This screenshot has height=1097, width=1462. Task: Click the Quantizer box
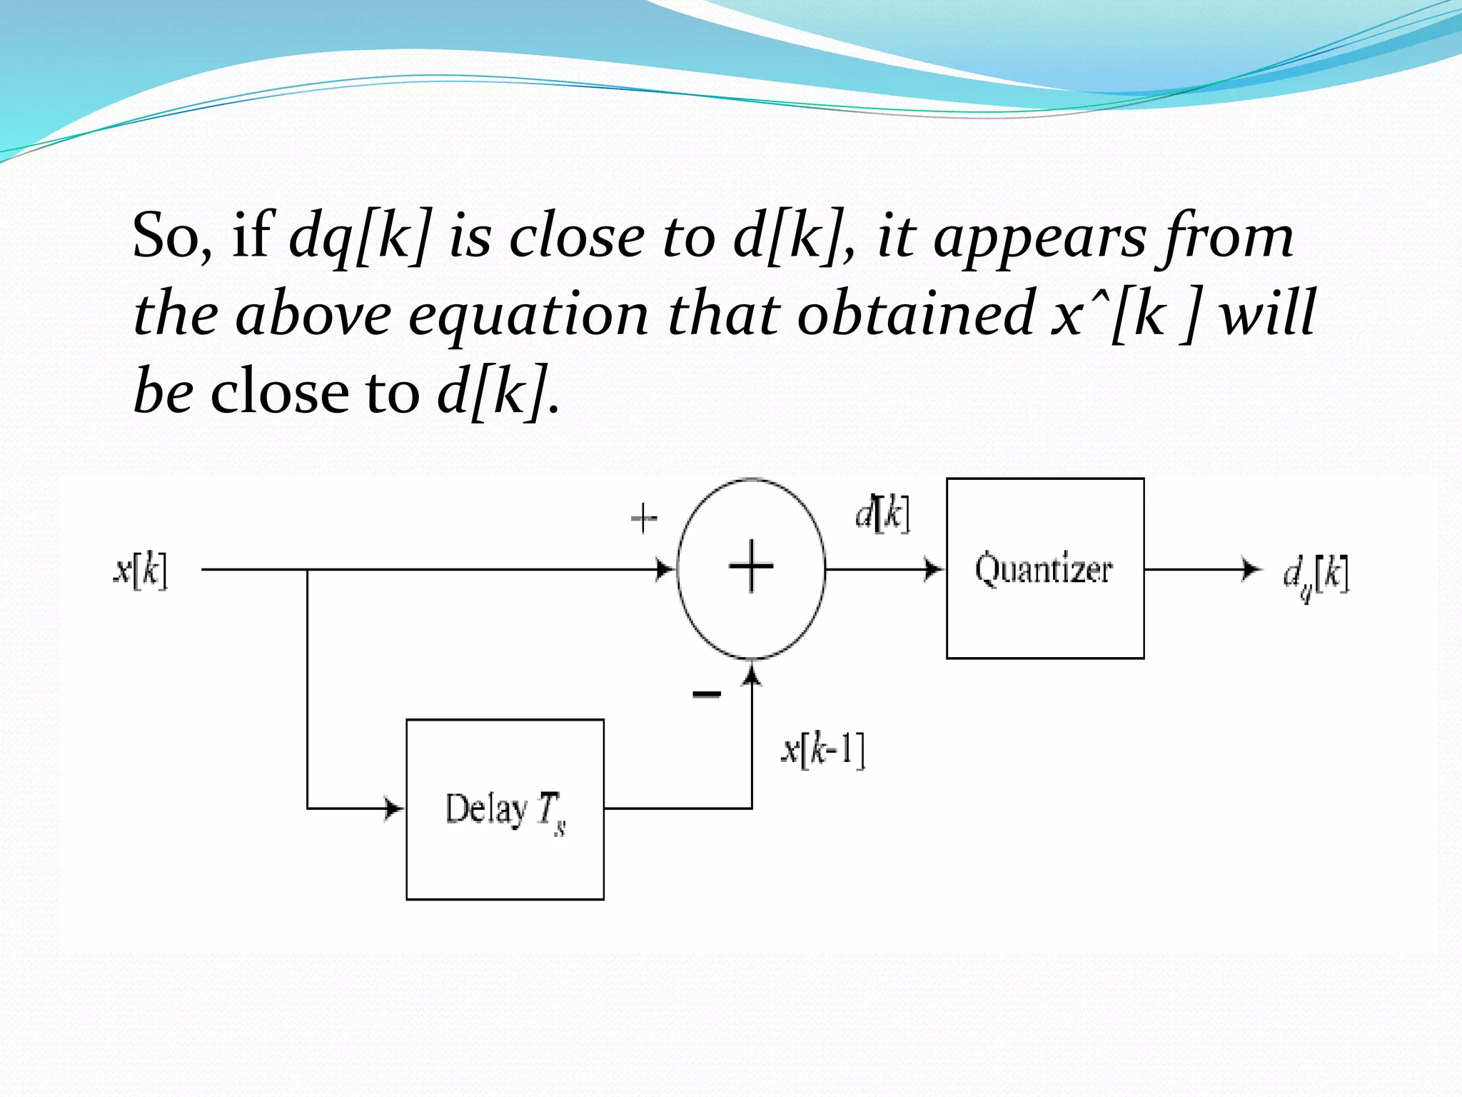1045,568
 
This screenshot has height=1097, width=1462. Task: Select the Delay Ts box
505,809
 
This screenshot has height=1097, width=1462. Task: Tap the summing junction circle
751,568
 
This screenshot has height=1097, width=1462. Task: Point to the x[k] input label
141,571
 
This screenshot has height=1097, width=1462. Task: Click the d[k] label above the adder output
882,512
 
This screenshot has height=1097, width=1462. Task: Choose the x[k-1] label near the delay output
823,750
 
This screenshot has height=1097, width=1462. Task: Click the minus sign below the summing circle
707,693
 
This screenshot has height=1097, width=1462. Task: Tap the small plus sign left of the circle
643,518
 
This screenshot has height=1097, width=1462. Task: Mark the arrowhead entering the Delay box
394,808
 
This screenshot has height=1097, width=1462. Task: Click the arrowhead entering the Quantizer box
934,569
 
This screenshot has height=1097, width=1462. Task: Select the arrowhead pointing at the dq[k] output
1251,569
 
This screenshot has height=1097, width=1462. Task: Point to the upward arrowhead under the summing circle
752,673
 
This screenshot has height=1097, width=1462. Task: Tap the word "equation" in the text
528,314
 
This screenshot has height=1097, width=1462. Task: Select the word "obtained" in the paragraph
916,314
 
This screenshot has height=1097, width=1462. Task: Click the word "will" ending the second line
1267,314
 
